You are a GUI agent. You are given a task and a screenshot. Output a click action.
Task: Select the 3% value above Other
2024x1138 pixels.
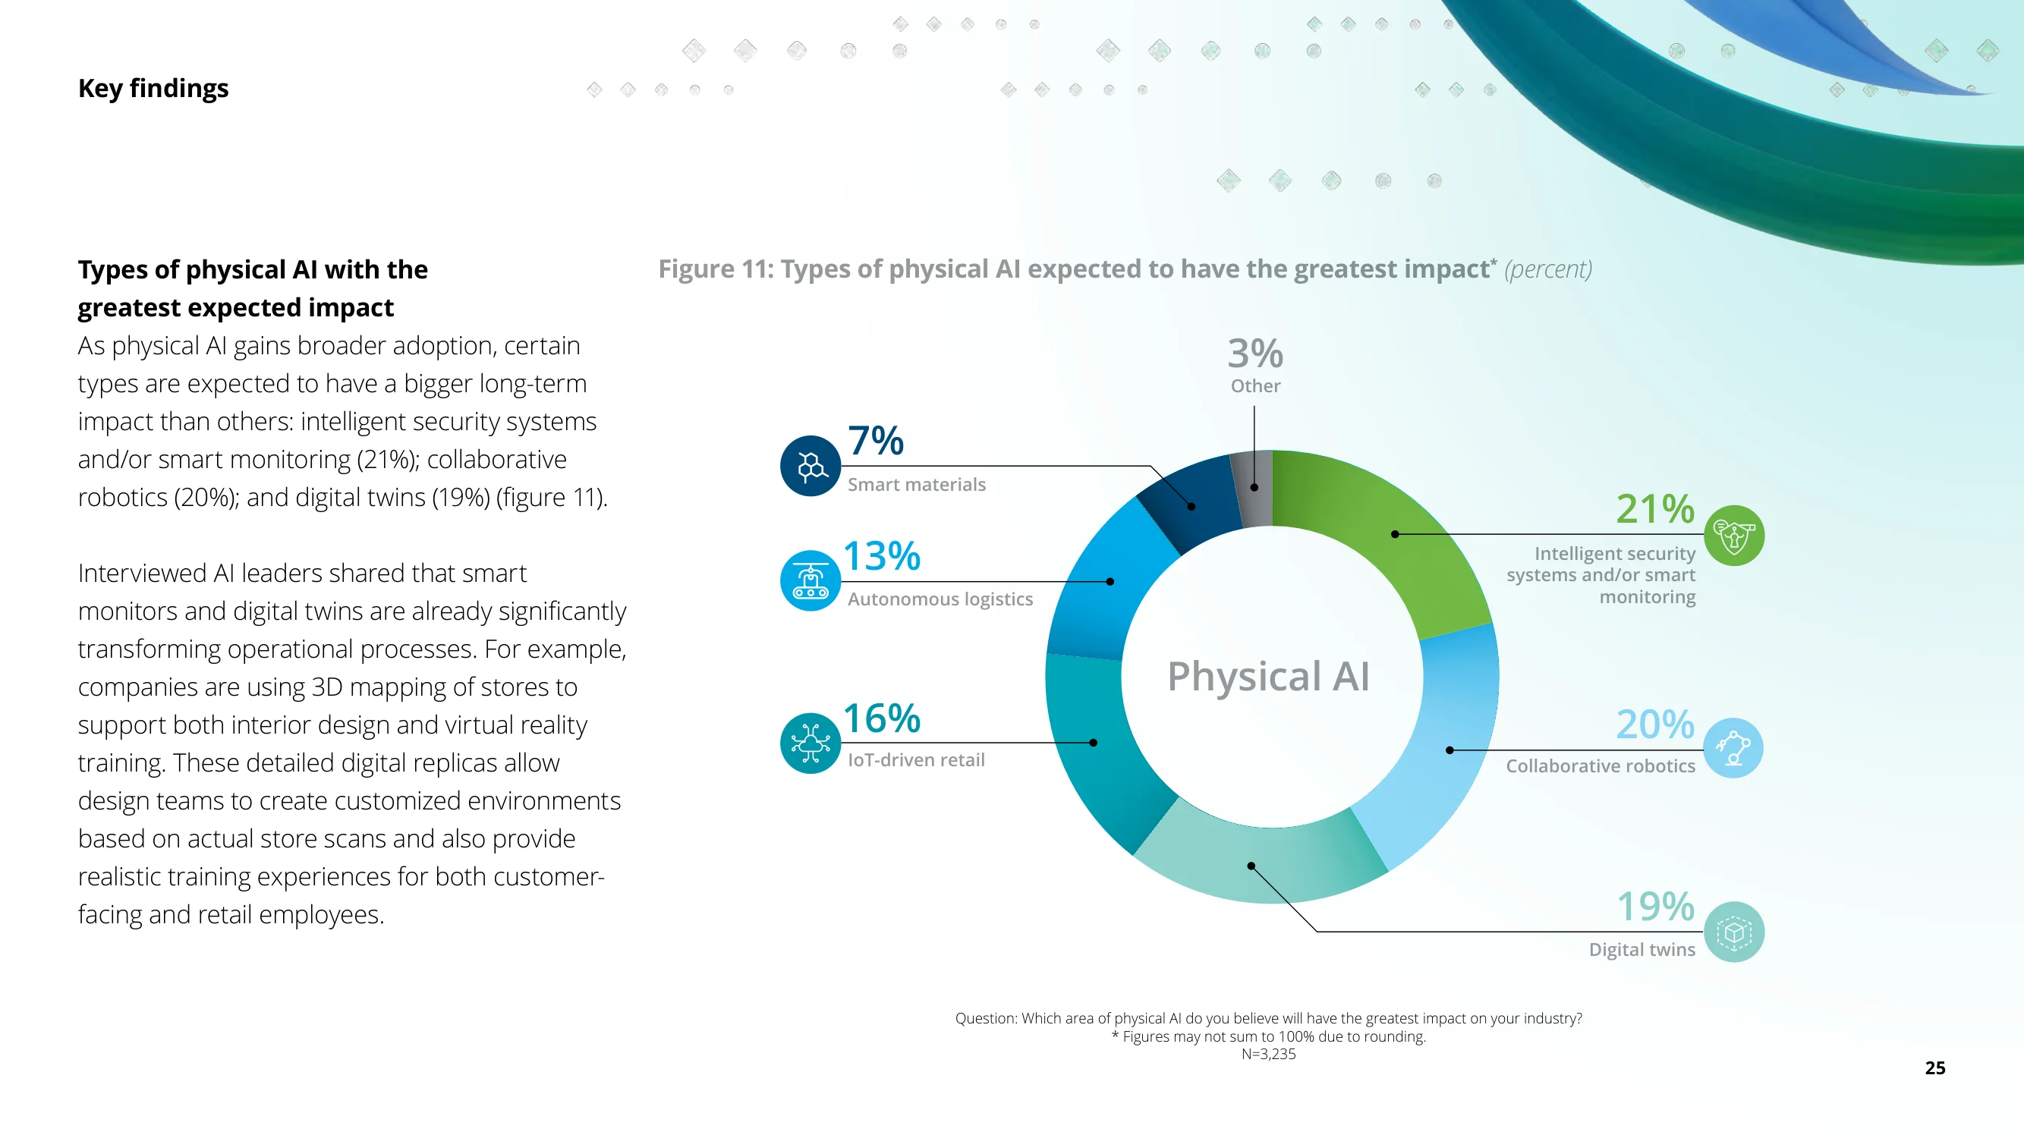tap(1254, 354)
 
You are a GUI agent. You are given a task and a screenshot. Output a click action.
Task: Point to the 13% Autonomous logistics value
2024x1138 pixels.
tap(881, 556)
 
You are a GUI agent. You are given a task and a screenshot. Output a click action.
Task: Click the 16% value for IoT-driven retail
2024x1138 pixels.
tap(881, 718)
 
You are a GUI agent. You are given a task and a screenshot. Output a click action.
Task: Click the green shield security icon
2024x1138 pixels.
tap(1733, 536)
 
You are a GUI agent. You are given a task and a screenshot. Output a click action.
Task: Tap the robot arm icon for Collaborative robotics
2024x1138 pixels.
tap(1733, 749)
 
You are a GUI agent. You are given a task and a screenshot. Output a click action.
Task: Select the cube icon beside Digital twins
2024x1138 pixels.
tap(1733, 932)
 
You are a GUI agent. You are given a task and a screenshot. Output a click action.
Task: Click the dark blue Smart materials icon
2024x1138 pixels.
tap(810, 466)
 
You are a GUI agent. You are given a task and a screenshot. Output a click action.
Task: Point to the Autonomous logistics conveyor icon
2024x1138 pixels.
tap(810, 581)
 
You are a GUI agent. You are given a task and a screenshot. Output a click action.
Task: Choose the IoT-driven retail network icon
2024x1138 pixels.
tap(810, 743)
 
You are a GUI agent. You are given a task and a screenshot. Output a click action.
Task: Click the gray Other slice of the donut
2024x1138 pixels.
tap(1252, 489)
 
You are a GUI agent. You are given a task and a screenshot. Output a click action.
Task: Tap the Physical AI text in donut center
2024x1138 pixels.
tap(1268, 676)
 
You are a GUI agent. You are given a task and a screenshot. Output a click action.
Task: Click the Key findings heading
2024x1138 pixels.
tap(153, 89)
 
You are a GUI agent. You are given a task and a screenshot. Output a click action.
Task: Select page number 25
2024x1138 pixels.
tap(1934, 1068)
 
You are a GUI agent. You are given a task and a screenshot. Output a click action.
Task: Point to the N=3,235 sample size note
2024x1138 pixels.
tap(1268, 1054)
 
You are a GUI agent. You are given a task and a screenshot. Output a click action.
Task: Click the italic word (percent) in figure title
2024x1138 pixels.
tap(1548, 269)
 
